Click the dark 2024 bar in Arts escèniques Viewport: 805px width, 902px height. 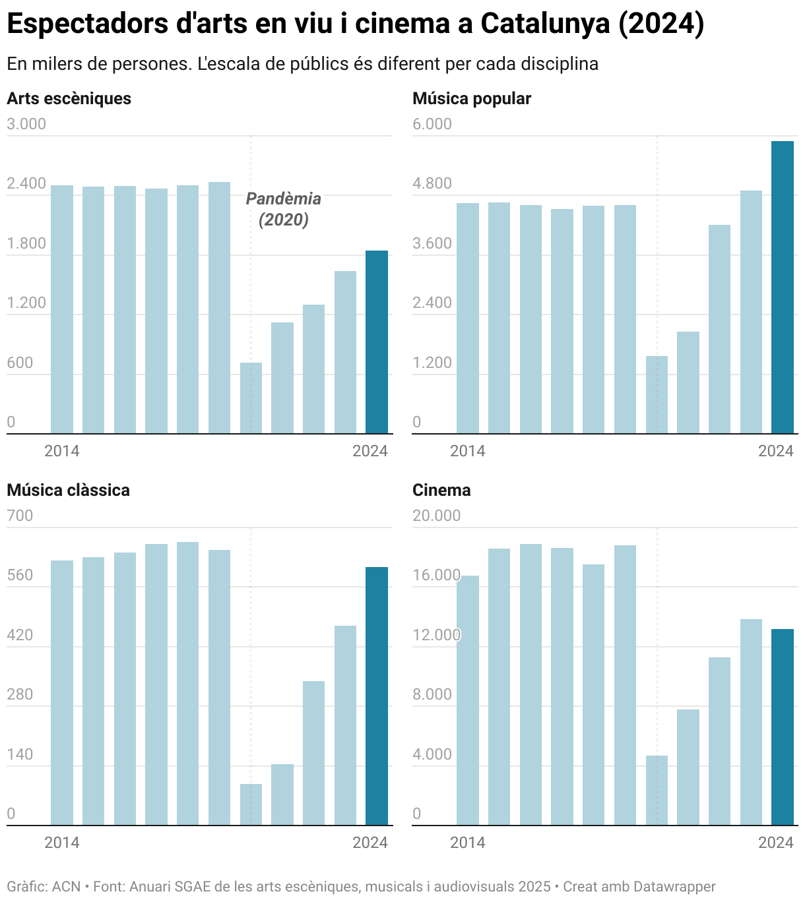(377, 342)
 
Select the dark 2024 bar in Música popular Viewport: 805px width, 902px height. (783, 287)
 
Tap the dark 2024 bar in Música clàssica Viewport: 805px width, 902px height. (377, 696)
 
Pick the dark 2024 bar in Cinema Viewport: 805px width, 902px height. (783, 727)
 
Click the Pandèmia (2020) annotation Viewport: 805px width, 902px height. (284, 208)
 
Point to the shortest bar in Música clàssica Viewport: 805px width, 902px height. (251, 804)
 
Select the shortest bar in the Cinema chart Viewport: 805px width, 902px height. (657, 790)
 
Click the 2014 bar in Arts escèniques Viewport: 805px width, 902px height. (62, 309)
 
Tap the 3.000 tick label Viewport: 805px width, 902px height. (26, 124)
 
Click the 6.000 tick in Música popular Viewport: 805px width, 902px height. (432, 124)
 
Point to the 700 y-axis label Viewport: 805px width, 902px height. (20, 516)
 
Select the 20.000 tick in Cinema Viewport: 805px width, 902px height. (436, 516)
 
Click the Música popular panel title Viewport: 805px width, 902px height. (471, 98)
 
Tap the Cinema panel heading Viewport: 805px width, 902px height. (441, 490)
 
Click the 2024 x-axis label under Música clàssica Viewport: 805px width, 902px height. (370, 842)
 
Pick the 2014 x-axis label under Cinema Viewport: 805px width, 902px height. (467, 842)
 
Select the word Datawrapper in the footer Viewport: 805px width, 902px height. (674, 886)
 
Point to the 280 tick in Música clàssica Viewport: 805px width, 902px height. (20, 694)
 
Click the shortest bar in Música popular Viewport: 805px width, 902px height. (657, 394)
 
